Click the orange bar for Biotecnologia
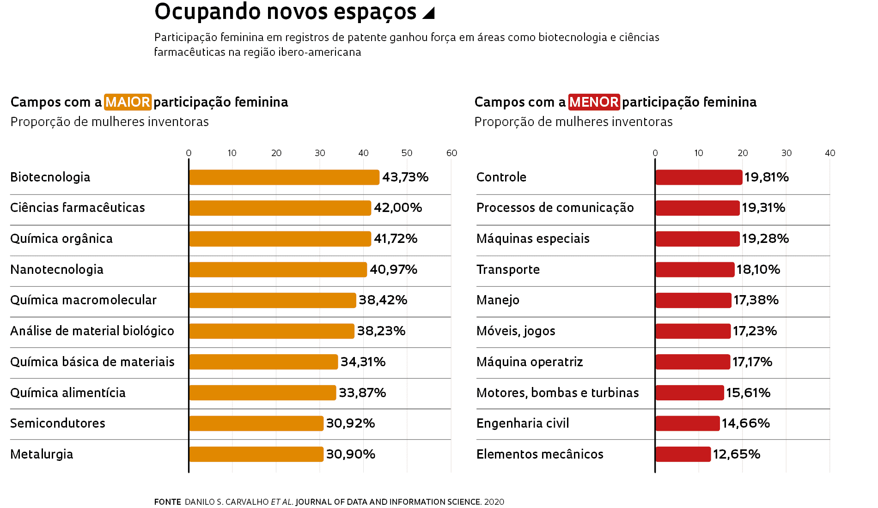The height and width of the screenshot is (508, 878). click(x=284, y=177)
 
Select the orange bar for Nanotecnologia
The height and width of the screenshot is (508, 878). click(x=278, y=270)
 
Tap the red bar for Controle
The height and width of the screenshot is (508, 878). click(x=699, y=177)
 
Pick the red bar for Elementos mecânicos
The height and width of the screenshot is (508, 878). click(x=683, y=454)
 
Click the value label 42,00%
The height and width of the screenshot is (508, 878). click(x=398, y=208)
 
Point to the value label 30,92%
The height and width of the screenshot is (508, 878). click(x=350, y=423)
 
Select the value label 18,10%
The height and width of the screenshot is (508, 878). click(x=758, y=270)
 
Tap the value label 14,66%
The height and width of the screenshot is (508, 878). click(x=745, y=423)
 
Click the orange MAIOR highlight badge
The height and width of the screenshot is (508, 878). click(x=128, y=102)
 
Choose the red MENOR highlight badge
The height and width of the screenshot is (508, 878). click(x=594, y=102)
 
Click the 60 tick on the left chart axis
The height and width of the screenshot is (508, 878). click(x=451, y=153)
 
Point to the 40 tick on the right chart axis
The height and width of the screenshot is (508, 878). click(x=830, y=153)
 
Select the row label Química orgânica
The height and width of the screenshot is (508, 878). click(x=61, y=239)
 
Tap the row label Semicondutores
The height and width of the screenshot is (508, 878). click(x=58, y=423)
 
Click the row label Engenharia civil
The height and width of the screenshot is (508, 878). click(x=523, y=423)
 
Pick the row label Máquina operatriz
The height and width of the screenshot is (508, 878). click(x=530, y=362)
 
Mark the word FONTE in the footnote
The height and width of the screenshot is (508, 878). click(x=167, y=502)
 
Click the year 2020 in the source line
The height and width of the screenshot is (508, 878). click(x=494, y=502)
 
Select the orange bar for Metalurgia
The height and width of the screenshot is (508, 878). click(x=256, y=454)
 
